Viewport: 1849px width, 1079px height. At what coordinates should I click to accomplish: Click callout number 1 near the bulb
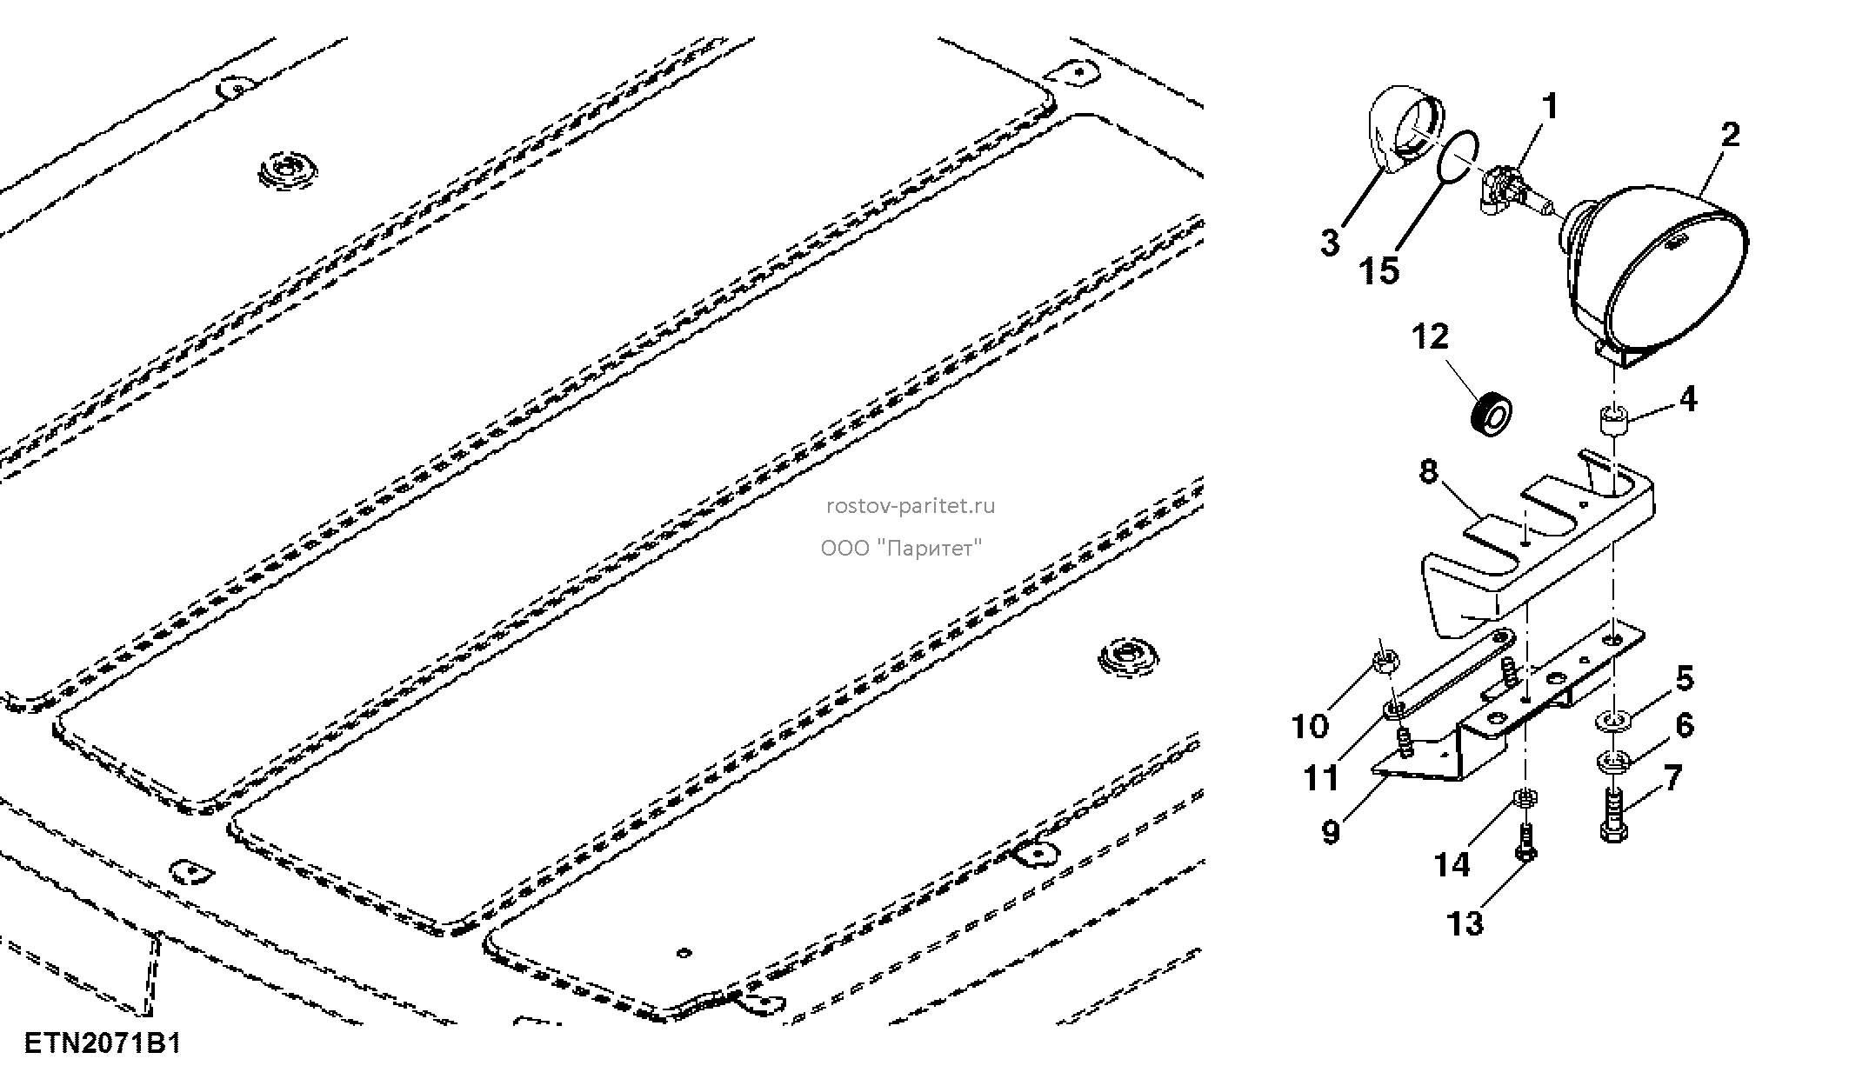(1550, 107)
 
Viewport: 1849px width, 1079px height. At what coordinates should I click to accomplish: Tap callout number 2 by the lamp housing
(1730, 135)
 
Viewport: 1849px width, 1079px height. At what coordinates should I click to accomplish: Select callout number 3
(1330, 243)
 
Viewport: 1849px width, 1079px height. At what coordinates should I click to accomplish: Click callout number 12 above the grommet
(1430, 336)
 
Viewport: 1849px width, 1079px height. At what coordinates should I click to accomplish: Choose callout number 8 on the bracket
(1429, 472)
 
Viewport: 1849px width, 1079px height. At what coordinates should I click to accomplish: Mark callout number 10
(1310, 726)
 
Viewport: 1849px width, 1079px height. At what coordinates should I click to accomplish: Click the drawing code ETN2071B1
(103, 1042)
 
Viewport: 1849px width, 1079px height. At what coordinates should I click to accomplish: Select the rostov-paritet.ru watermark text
(911, 506)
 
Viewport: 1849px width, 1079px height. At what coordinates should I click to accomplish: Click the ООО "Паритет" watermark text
(901, 549)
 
